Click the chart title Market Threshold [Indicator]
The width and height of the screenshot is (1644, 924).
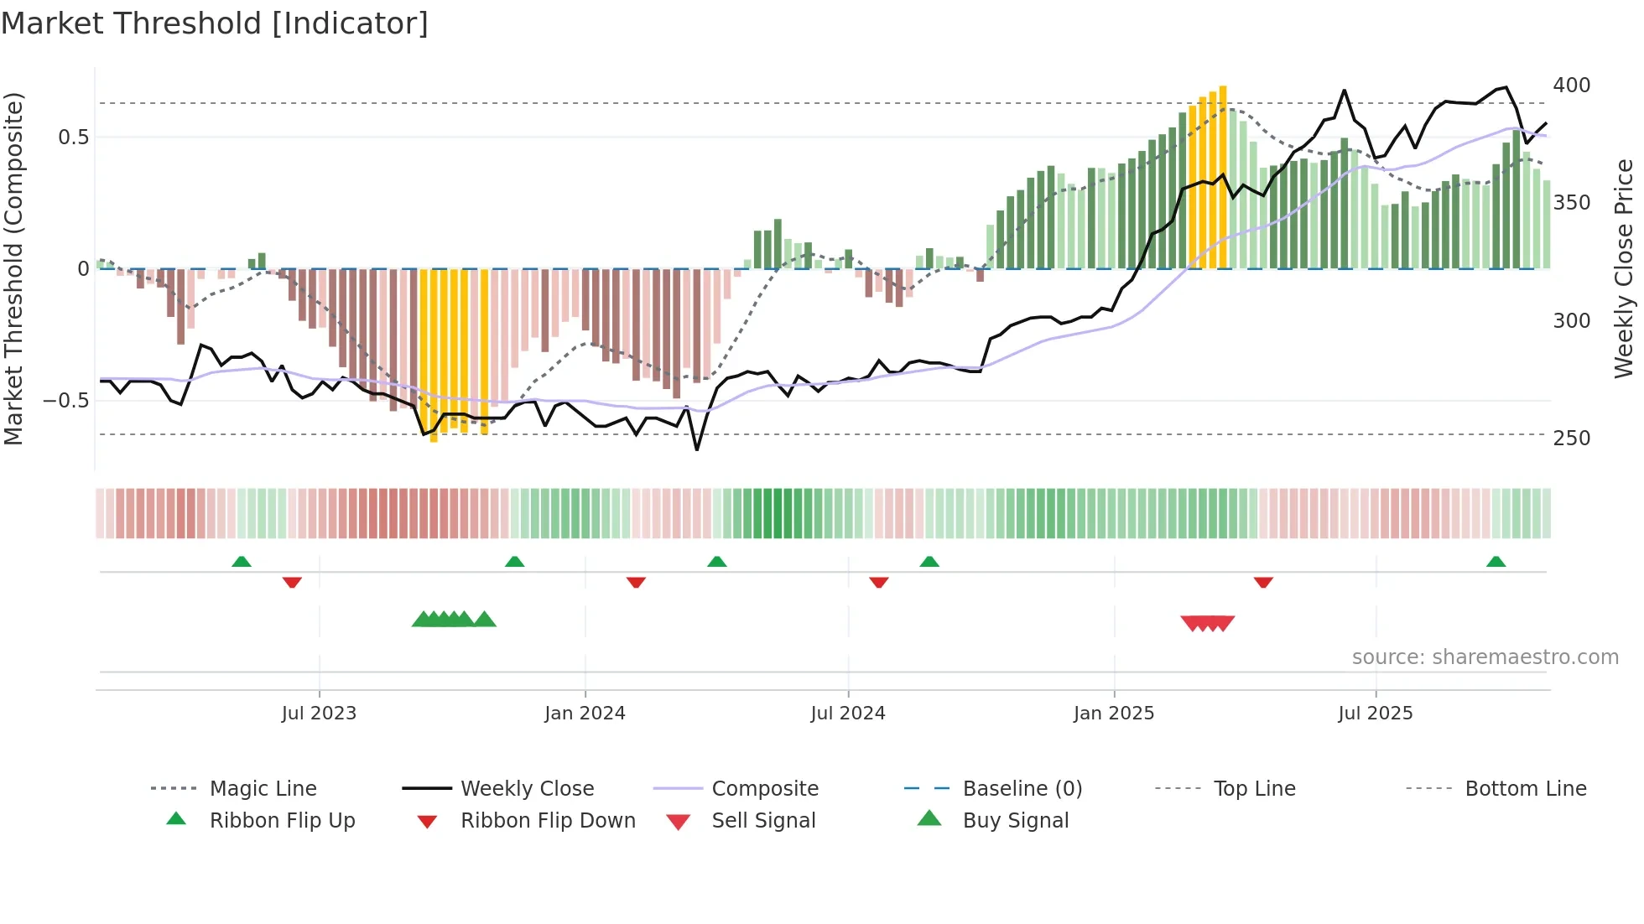[215, 23]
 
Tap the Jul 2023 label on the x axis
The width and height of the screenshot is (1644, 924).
[319, 713]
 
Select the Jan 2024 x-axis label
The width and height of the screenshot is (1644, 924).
[585, 713]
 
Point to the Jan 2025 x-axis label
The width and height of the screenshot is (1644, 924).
[1114, 713]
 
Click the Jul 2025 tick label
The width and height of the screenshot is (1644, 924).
[1376, 713]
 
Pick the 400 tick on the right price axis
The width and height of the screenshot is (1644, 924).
[1571, 86]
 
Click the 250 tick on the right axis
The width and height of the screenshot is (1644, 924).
[1571, 439]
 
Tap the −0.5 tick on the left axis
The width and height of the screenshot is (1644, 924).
[65, 401]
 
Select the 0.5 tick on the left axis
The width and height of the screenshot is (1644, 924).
[73, 138]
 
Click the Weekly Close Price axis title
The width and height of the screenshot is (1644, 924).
[1624, 268]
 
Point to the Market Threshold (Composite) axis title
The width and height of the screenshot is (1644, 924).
[13, 268]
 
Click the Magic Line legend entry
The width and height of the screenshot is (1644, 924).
[263, 789]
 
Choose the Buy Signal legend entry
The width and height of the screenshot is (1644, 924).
[1015, 821]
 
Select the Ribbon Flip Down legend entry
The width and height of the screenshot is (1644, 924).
[548, 821]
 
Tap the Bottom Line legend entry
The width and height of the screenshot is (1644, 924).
[1525, 789]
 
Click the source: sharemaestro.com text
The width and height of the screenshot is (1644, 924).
[1485, 657]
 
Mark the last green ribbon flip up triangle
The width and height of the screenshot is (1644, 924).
[1496, 562]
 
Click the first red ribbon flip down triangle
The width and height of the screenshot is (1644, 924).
[292, 582]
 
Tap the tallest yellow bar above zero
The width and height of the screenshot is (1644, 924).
[1223, 176]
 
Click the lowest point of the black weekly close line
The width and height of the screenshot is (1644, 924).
[697, 450]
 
